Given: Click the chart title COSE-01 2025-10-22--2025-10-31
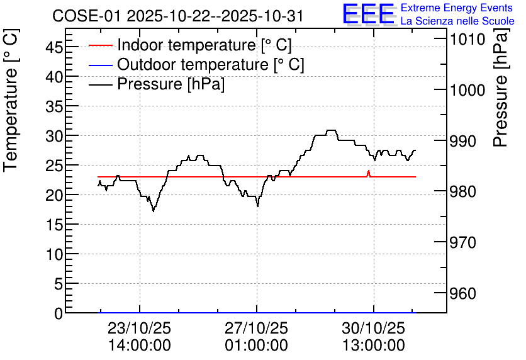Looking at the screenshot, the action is pyautogui.click(x=177, y=16).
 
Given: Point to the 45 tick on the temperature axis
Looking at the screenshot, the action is pyautogui.click(x=54, y=47).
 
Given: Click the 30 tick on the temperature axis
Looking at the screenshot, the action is pyautogui.click(x=54, y=135).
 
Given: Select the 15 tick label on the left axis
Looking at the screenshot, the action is pyautogui.click(x=54, y=225).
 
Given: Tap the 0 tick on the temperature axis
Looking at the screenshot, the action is pyautogui.click(x=59, y=313).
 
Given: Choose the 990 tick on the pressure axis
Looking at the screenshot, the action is pyautogui.click(x=463, y=141).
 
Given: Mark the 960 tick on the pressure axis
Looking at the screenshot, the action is pyautogui.click(x=463, y=293).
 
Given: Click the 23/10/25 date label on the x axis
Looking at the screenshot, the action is pyautogui.click(x=139, y=328).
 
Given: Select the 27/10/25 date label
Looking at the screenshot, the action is pyautogui.click(x=256, y=328).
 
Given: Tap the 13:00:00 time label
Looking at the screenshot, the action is pyautogui.click(x=373, y=346).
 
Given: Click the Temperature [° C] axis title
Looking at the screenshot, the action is pyautogui.click(x=11, y=101).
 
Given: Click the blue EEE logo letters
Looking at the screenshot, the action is pyautogui.click(x=369, y=14).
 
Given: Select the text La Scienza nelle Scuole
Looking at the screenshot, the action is pyautogui.click(x=457, y=21).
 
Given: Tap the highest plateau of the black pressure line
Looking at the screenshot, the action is pyautogui.click(x=331, y=130).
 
